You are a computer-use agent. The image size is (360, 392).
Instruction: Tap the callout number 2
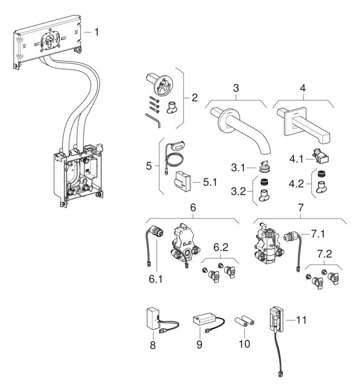tap(194, 97)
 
